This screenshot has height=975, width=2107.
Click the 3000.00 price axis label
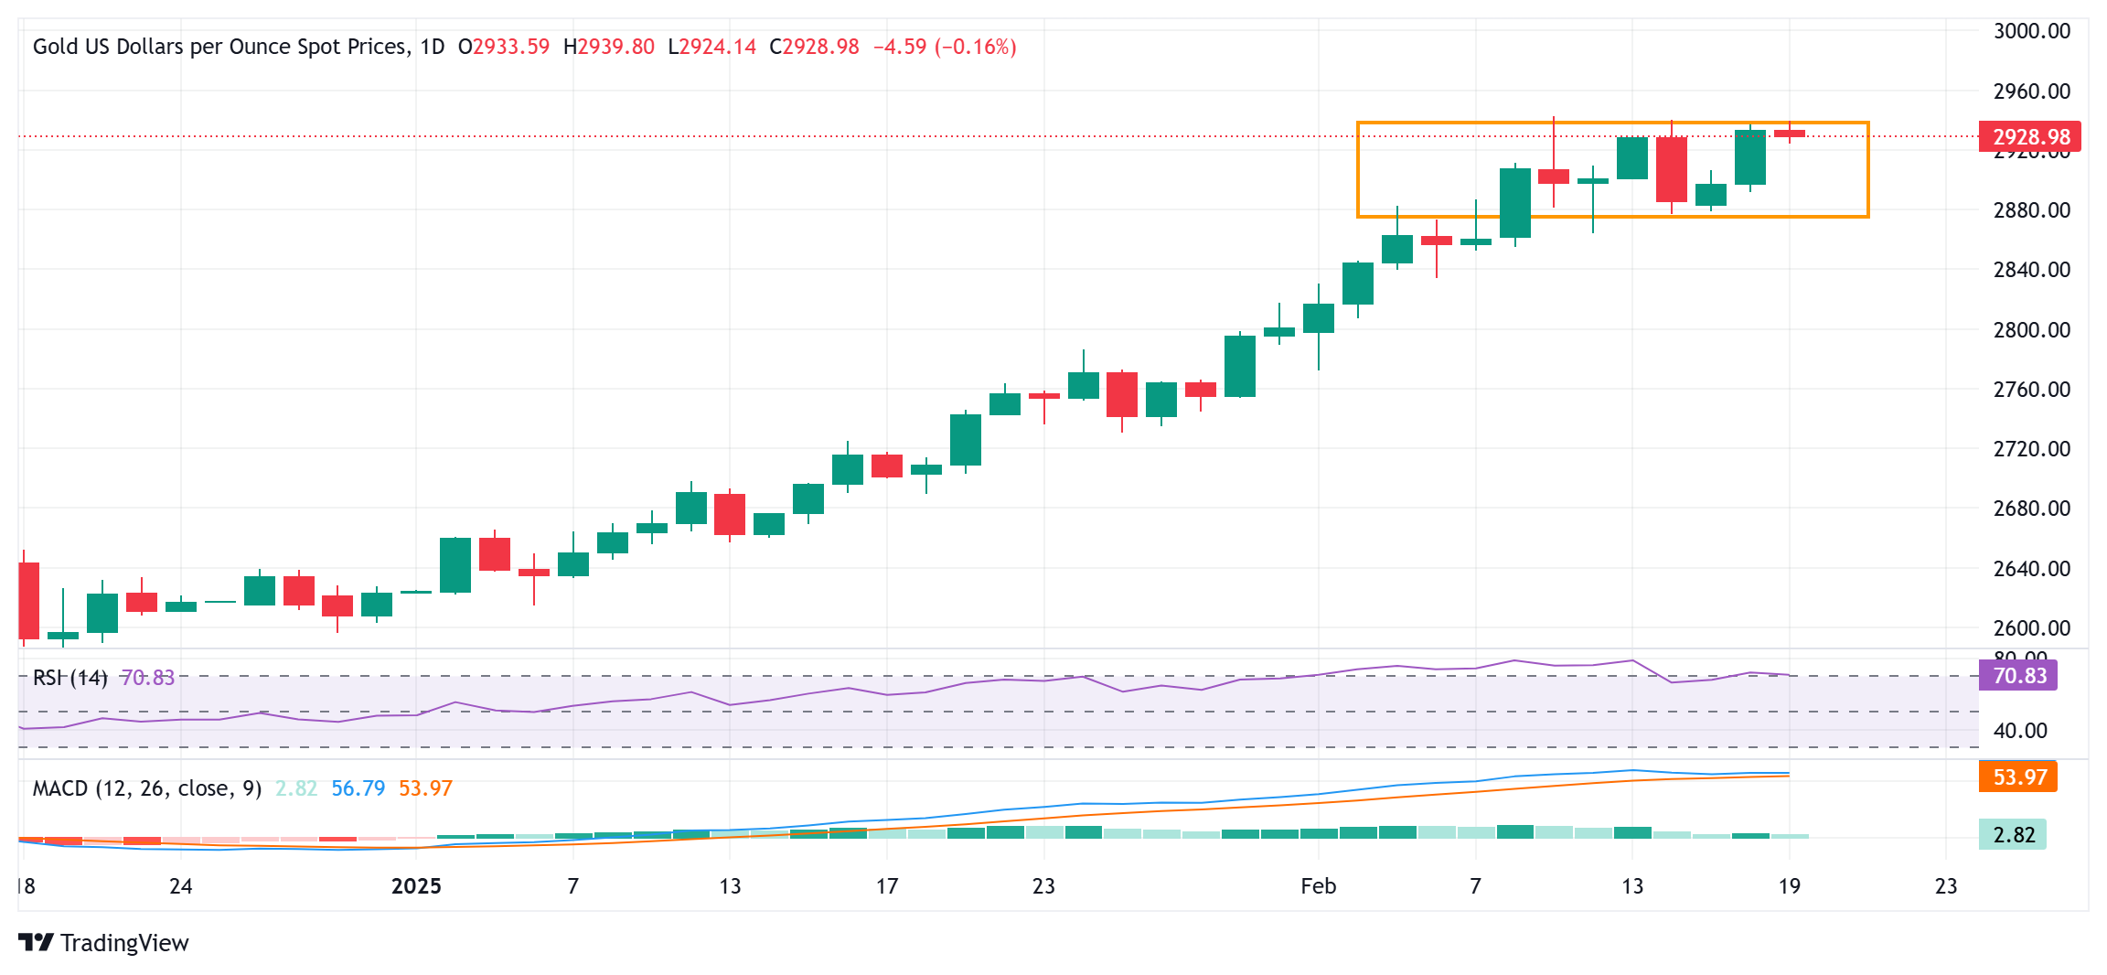[x=2031, y=31]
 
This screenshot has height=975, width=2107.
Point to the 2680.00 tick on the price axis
[x=2031, y=509]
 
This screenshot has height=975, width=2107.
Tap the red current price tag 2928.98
[x=2030, y=137]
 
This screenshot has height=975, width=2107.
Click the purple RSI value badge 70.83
[x=2018, y=676]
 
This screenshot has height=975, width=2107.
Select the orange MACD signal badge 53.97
[x=2018, y=777]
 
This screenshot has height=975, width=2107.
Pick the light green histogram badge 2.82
[x=2013, y=835]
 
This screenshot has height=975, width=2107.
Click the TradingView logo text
[x=124, y=943]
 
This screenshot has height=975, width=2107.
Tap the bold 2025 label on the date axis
[x=416, y=886]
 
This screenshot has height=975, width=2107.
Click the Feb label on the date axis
[x=1318, y=886]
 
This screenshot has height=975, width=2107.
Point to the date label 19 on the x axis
[x=1789, y=886]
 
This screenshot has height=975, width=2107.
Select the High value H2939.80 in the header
[x=609, y=47]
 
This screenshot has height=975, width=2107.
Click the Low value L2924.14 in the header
[x=712, y=47]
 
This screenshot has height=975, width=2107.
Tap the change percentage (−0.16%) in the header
[x=976, y=47]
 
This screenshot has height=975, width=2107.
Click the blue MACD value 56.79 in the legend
[x=358, y=788]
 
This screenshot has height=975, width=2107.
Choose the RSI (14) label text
[x=70, y=678]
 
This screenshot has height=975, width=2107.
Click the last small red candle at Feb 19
[x=1790, y=134]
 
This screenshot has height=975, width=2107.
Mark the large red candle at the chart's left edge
[x=28, y=600]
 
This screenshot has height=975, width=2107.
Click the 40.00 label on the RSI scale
[x=2020, y=731]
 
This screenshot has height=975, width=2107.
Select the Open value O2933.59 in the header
[x=504, y=47]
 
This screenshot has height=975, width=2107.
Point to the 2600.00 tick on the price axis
[x=2031, y=628]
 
